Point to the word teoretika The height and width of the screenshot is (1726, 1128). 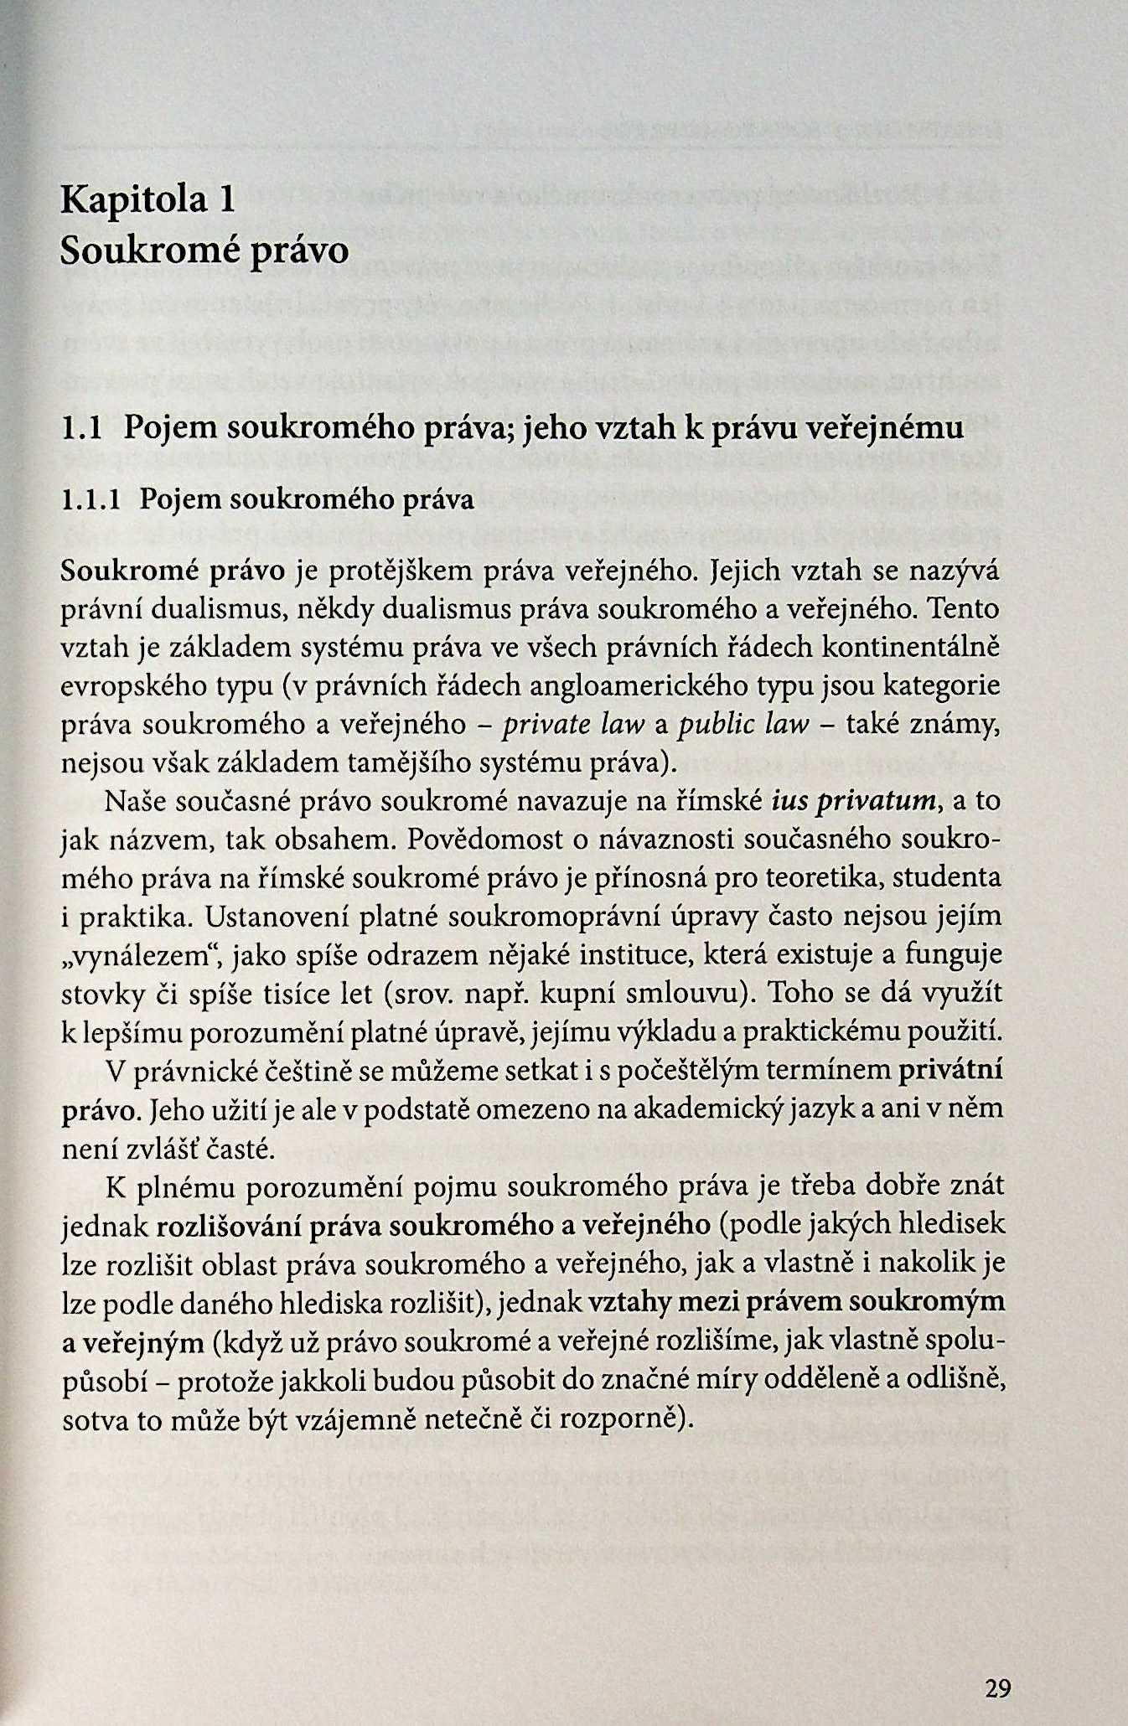(812, 878)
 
